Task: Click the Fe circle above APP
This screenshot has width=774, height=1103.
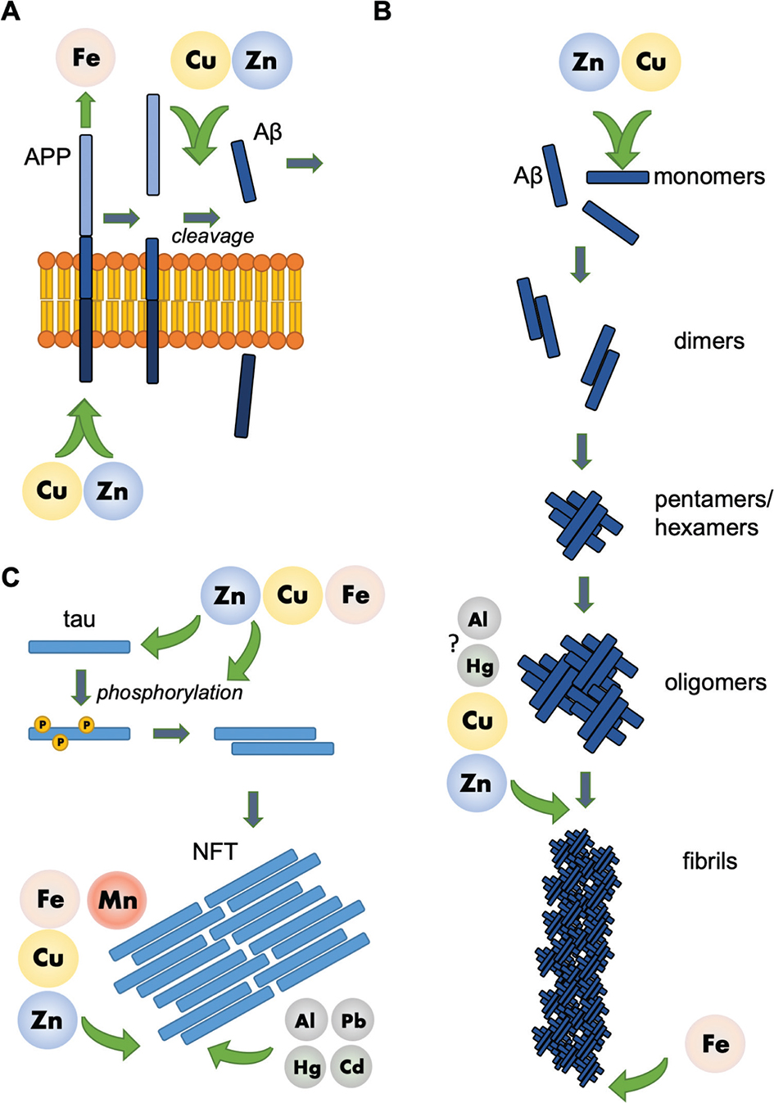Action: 86,57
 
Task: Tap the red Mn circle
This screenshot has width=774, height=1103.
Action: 117,900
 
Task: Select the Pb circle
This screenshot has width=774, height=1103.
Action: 353,1020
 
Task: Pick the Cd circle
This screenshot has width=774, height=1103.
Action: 352,1066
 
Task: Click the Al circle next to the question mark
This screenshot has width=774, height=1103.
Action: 478,619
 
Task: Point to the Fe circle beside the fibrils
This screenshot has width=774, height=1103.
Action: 715,1043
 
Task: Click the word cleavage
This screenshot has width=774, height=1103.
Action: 213,237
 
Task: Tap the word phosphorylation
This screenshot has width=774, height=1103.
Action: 170,693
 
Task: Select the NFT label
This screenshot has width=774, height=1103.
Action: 215,852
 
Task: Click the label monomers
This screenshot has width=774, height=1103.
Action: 709,176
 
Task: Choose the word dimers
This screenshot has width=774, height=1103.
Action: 709,341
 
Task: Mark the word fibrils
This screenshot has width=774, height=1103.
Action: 710,861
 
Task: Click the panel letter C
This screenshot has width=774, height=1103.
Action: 11,578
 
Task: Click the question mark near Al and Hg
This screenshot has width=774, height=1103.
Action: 453,644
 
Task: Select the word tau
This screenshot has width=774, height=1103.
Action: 79,619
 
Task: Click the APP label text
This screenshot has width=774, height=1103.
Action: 48,156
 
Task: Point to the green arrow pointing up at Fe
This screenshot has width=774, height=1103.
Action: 86,109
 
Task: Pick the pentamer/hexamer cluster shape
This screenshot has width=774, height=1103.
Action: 584,524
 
